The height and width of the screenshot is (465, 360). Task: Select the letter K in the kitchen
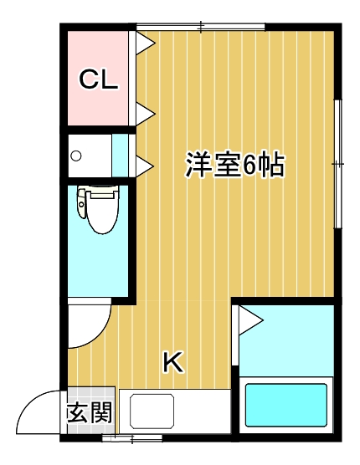tap(172, 361)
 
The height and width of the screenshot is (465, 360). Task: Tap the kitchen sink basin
tap(150, 411)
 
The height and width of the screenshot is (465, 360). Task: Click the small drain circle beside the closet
tap(77, 156)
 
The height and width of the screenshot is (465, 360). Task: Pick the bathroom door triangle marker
tap(249, 319)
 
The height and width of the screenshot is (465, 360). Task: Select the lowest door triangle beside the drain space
tap(143, 163)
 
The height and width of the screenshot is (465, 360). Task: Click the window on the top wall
tap(201, 28)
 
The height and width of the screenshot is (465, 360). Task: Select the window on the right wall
tap(337, 164)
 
